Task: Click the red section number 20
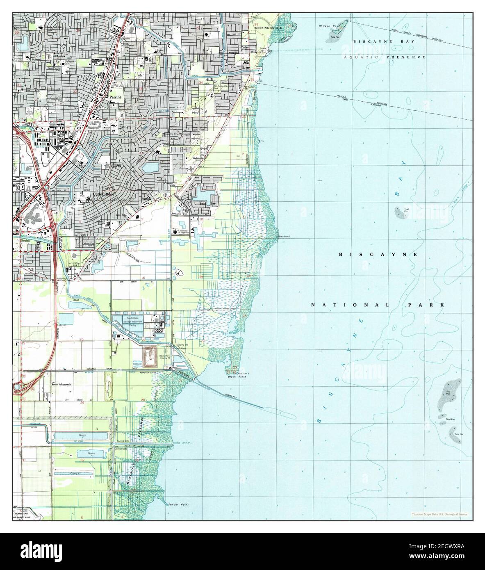[82, 339]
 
